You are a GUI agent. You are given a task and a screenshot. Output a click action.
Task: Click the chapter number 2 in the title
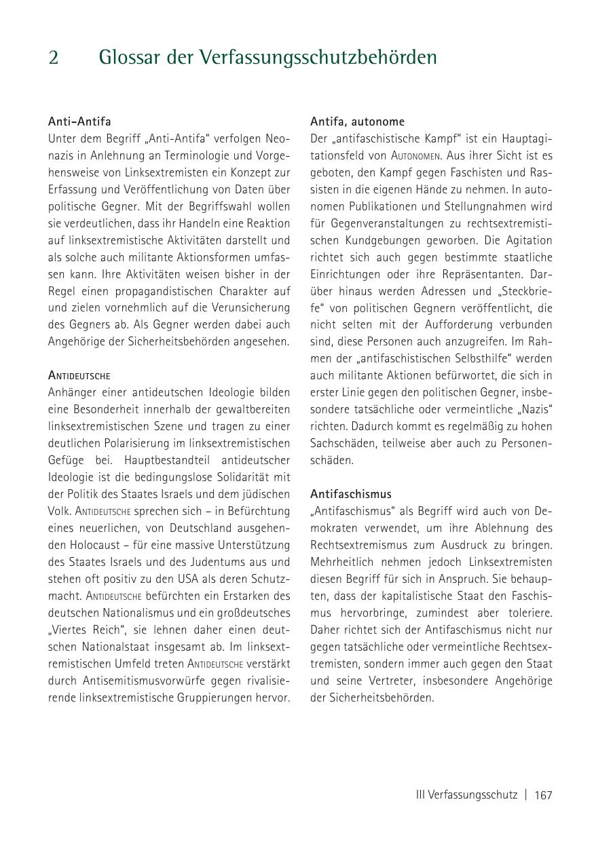[x=54, y=58]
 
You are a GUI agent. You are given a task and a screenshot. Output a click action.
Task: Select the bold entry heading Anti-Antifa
[x=79, y=121]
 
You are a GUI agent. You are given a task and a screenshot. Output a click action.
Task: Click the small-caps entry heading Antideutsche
[x=79, y=375]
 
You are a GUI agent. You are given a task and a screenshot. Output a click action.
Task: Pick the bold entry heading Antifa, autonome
[x=357, y=121]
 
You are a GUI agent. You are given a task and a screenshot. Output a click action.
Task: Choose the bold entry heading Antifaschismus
[x=351, y=494]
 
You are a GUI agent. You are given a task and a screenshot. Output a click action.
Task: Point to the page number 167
[x=543, y=795]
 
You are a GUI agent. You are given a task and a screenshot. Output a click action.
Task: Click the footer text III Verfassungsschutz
[x=466, y=795]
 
